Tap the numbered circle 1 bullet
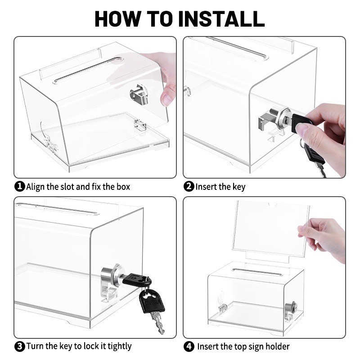pyautogui.click(x=20, y=186)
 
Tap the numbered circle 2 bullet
pyautogui.click(x=189, y=186)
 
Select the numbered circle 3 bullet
pyautogui.click(x=20, y=346)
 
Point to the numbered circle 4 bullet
pyautogui.click(x=189, y=346)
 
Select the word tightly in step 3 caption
pyautogui.click(x=117, y=346)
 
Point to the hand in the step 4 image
pyautogui.click(x=324, y=236)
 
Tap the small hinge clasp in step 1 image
pyautogui.click(x=140, y=125)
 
